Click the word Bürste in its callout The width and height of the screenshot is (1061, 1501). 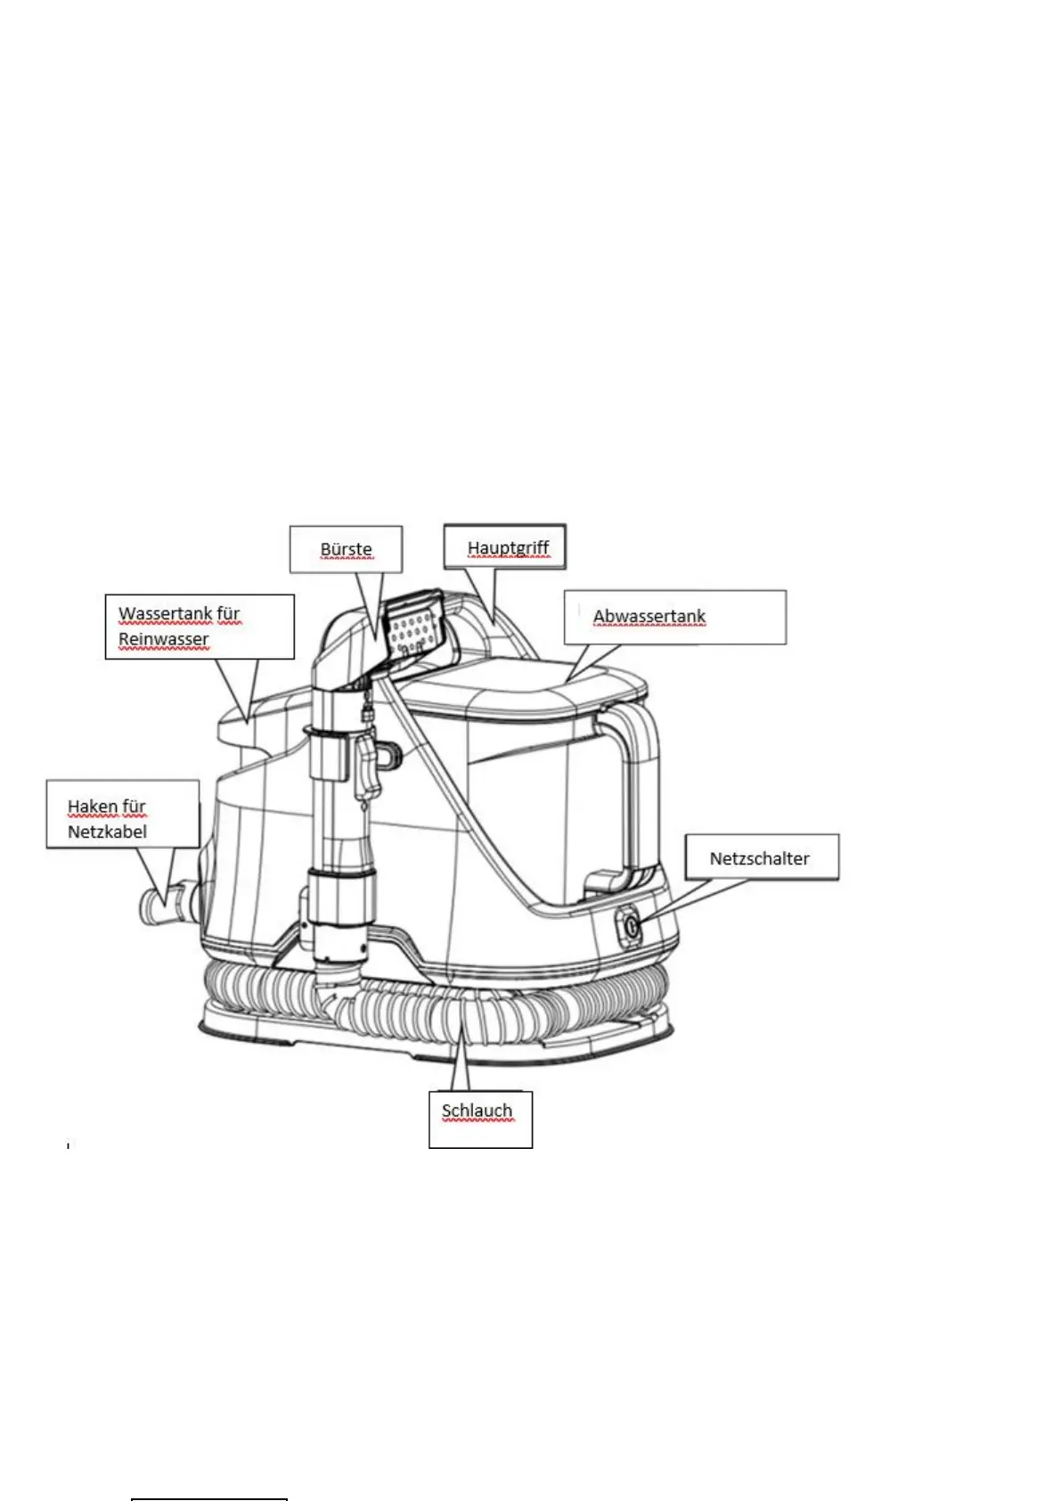click(346, 549)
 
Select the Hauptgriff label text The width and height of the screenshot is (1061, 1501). click(508, 547)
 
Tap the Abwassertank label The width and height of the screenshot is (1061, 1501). click(649, 616)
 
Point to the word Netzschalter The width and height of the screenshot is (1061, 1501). click(759, 858)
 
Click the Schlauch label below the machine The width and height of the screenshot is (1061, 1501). click(477, 1111)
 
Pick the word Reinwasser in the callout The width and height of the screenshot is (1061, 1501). click(163, 639)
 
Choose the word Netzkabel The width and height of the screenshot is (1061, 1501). click(107, 833)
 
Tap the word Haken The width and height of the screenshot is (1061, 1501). click(92, 807)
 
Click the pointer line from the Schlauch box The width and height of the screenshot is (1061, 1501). click(461, 1061)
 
